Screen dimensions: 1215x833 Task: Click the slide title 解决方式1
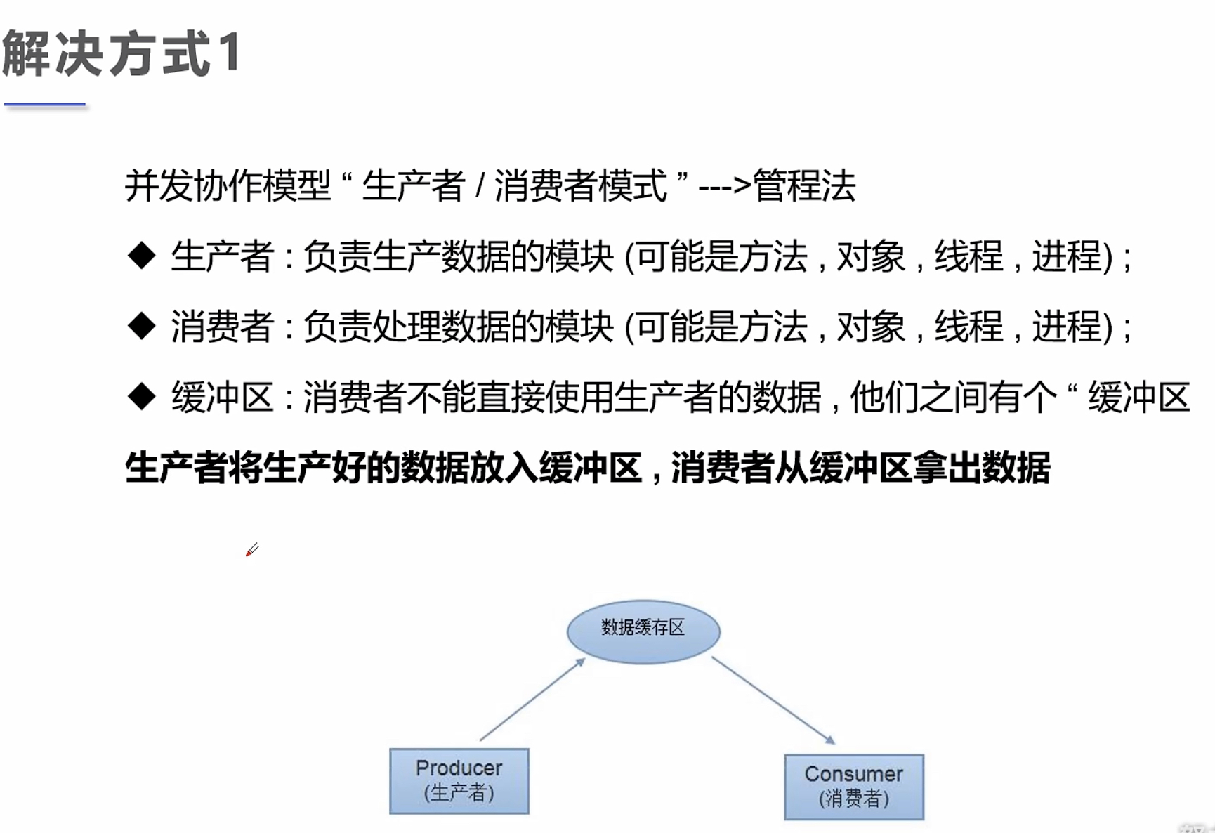(x=121, y=53)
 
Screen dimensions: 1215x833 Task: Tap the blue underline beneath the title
(x=45, y=105)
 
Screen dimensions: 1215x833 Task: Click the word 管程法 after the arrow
(x=804, y=186)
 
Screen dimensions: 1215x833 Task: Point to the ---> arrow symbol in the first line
(x=724, y=187)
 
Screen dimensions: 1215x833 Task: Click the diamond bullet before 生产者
(x=142, y=256)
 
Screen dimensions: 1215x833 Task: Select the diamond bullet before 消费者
(x=142, y=326)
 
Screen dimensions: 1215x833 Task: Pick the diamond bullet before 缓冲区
(x=142, y=397)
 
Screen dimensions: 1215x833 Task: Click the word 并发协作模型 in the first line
(x=228, y=186)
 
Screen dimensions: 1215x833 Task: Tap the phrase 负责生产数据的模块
(x=459, y=256)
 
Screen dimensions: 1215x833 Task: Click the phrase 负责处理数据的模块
(x=459, y=327)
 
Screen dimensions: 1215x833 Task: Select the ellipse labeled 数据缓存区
(x=643, y=631)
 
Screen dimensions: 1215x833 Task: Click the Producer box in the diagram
(x=459, y=780)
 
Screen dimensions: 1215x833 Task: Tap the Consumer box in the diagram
(x=853, y=787)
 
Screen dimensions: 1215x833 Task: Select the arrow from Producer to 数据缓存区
(x=532, y=700)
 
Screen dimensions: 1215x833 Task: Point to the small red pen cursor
(x=251, y=550)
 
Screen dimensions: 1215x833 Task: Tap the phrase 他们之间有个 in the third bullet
(x=953, y=398)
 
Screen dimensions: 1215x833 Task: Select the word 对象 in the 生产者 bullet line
(x=871, y=256)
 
